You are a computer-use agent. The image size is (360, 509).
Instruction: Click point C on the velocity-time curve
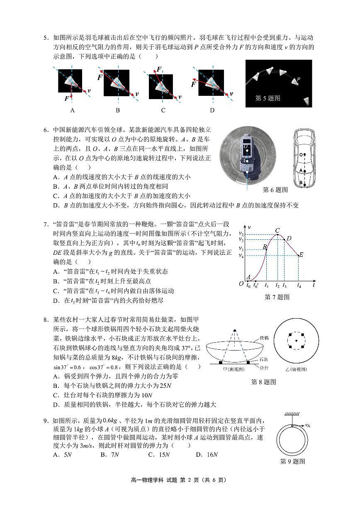tap(277, 234)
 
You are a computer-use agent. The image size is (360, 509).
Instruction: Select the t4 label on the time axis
tap(299, 286)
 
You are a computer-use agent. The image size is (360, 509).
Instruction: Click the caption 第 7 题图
tap(277, 297)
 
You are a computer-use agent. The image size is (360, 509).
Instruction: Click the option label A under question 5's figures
tap(72, 110)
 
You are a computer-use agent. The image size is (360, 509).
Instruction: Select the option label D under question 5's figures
tap(212, 110)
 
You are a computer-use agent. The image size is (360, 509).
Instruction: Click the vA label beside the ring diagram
tap(309, 426)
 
